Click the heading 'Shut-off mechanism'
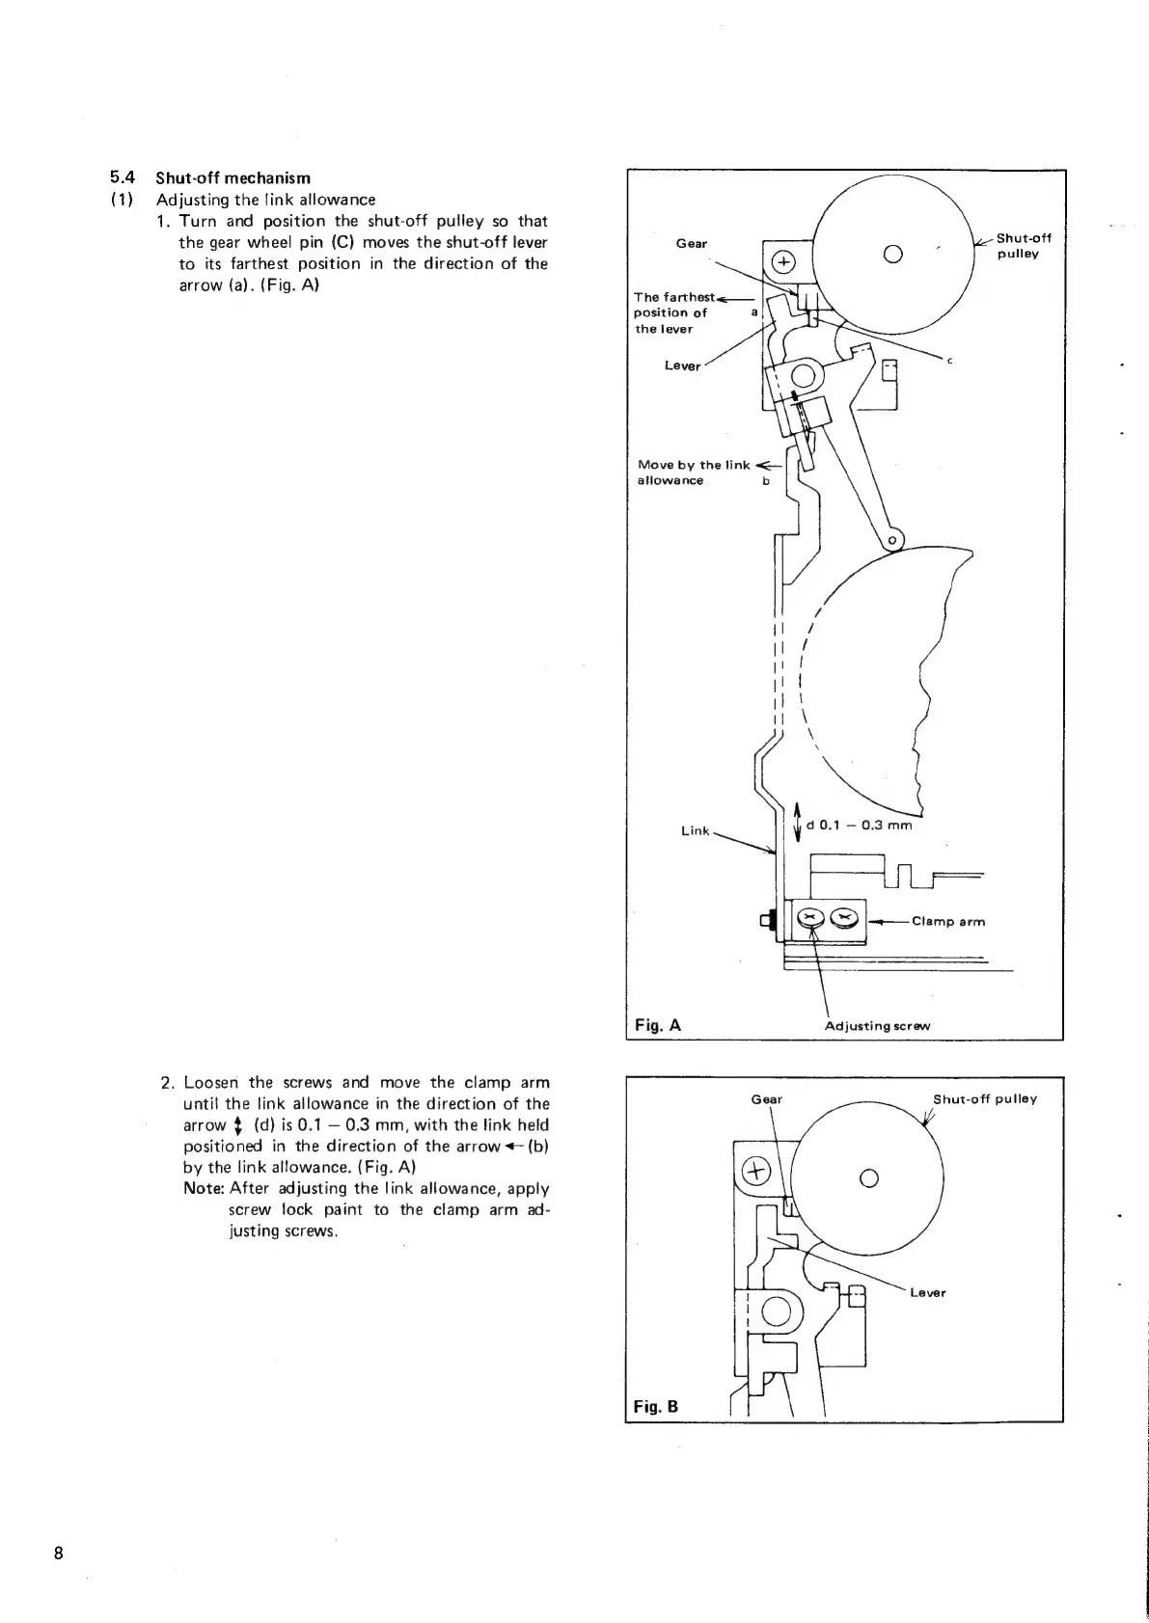coord(233,177)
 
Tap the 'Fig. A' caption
coord(657,1025)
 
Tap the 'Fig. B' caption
coord(656,1406)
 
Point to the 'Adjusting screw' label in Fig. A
coord(877,1026)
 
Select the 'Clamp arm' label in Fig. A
coord(948,921)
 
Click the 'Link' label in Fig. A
coord(695,830)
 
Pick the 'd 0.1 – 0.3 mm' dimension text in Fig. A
coord(859,825)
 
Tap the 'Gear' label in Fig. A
coord(691,243)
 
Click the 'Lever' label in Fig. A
coord(682,365)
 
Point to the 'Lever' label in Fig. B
coord(927,1292)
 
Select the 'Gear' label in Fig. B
coord(766,1099)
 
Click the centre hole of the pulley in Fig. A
coord(891,256)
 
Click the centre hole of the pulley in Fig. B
coord(867,1176)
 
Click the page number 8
coord(59,1553)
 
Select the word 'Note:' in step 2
coord(204,1189)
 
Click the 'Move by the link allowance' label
coord(694,473)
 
